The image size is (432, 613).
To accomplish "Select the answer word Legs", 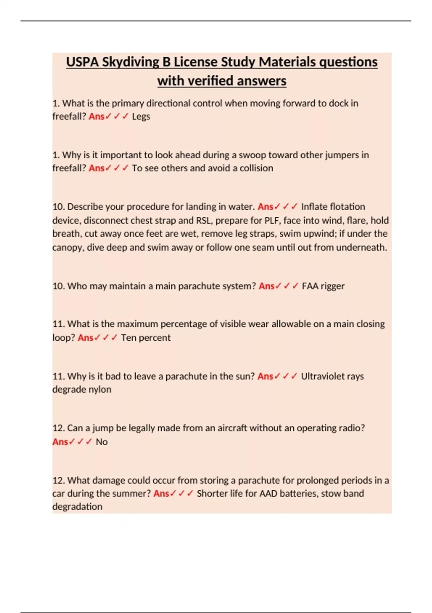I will pos(141,116).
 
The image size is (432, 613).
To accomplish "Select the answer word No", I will pos(102,442).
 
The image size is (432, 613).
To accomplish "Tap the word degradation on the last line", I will pos(77,507).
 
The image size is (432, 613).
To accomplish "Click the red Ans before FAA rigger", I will pos(266,286).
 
